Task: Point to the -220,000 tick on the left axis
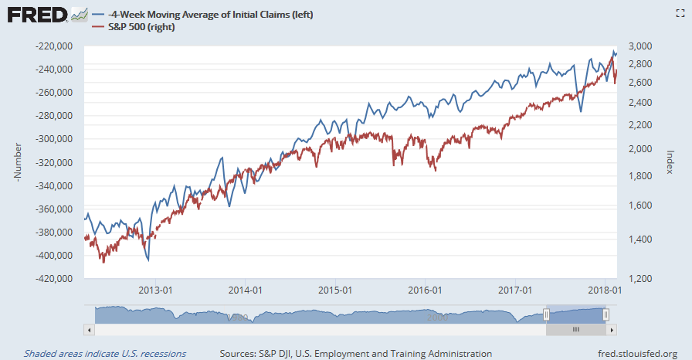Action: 56,46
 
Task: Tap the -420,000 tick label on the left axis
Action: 56,279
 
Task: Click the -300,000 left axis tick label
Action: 56,140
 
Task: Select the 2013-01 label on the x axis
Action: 154,290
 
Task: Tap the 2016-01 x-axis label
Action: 426,290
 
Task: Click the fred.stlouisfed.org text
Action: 632,354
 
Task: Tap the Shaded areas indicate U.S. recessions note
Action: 104,354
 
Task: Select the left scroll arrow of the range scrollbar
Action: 88,329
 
